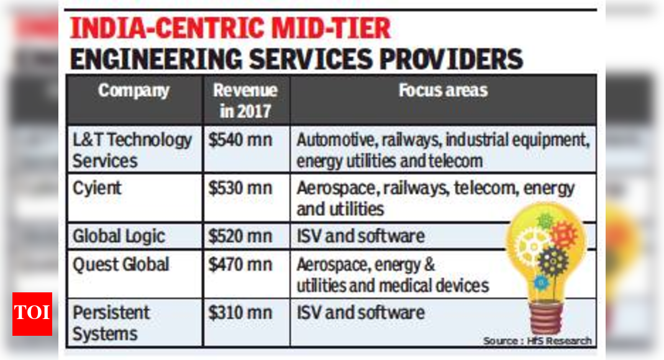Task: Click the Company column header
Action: point(134,91)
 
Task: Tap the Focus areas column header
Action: point(443,91)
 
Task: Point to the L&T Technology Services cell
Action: point(132,150)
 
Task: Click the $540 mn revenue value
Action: point(240,140)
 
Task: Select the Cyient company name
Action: point(98,188)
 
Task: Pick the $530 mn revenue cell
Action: point(240,188)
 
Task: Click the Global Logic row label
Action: point(119,236)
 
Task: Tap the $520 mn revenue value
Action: point(240,236)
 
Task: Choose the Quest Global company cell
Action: point(121,264)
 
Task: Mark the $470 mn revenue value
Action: point(240,264)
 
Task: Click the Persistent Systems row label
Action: point(111,323)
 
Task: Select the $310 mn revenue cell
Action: point(240,312)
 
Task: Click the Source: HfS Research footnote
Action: point(537,341)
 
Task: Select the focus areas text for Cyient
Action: point(435,198)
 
